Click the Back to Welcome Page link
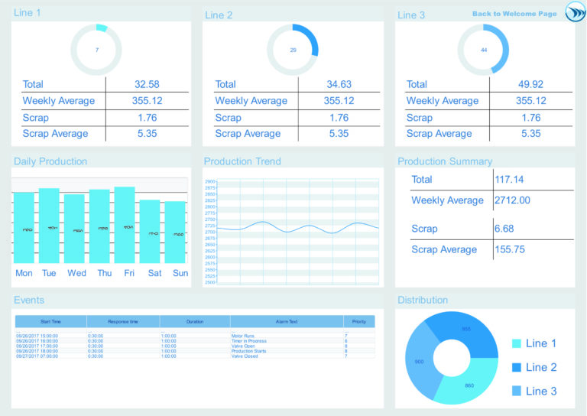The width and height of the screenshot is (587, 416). coord(514,14)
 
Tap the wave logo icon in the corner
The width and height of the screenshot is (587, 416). coord(575,13)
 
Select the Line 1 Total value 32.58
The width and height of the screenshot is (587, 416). coord(147,84)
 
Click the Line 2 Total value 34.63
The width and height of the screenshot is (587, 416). coord(339,84)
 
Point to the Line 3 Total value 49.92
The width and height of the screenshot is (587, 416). coord(530,84)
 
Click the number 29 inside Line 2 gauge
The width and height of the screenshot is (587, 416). coord(293,50)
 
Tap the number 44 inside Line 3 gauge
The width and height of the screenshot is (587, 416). coord(483,50)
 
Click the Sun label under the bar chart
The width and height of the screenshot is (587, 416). coord(180,273)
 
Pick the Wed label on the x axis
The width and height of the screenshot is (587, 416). coord(76,273)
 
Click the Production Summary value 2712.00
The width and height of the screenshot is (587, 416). coord(512,200)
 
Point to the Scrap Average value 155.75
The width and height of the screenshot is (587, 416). coord(513,249)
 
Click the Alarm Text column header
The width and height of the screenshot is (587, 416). coord(287,322)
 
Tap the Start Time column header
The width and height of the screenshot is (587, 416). coord(51,322)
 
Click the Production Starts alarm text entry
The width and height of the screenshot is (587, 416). coord(248,351)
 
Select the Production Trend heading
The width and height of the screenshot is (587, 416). coord(242,161)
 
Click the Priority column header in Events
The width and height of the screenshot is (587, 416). coord(358,322)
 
